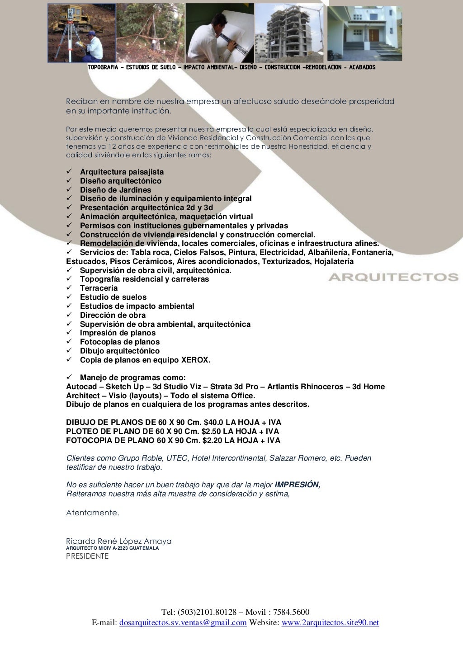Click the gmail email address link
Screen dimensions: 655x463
183,623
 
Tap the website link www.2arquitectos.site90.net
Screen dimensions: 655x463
330,623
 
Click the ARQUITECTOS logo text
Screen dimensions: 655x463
393,277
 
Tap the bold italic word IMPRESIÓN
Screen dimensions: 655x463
298,485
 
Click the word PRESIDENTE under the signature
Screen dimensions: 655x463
87,556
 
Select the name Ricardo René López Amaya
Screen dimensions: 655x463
118,541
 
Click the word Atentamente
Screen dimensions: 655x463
93,513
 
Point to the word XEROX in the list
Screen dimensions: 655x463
195,360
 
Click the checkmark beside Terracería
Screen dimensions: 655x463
70,288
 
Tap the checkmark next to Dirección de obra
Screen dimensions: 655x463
70,315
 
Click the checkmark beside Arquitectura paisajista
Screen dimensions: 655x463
70,172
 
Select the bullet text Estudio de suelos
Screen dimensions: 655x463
113,297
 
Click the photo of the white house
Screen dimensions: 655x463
364,33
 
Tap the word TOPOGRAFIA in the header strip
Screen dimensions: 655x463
103,67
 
